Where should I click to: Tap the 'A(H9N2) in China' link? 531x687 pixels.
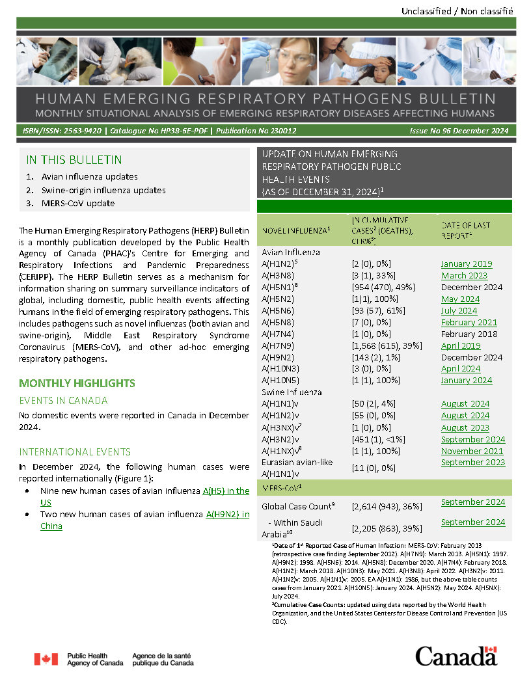(x=227, y=514)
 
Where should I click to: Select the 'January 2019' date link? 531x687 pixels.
(x=466, y=264)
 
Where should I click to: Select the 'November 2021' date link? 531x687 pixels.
(x=472, y=451)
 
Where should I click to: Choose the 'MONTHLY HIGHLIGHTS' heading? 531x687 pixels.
(x=77, y=383)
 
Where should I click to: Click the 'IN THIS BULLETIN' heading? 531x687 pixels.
(x=74, y=160)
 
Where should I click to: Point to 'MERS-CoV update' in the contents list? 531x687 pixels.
(x=78, y=203)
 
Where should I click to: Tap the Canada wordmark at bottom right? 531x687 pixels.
(x=456, y=656)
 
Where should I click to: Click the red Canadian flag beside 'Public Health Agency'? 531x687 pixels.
(x=46, y=659)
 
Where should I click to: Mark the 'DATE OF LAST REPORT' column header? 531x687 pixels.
(x=465, y=230)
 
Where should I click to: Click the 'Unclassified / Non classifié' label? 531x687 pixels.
(x=457, y=11)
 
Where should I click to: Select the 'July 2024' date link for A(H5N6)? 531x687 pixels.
(x=459, y=311)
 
